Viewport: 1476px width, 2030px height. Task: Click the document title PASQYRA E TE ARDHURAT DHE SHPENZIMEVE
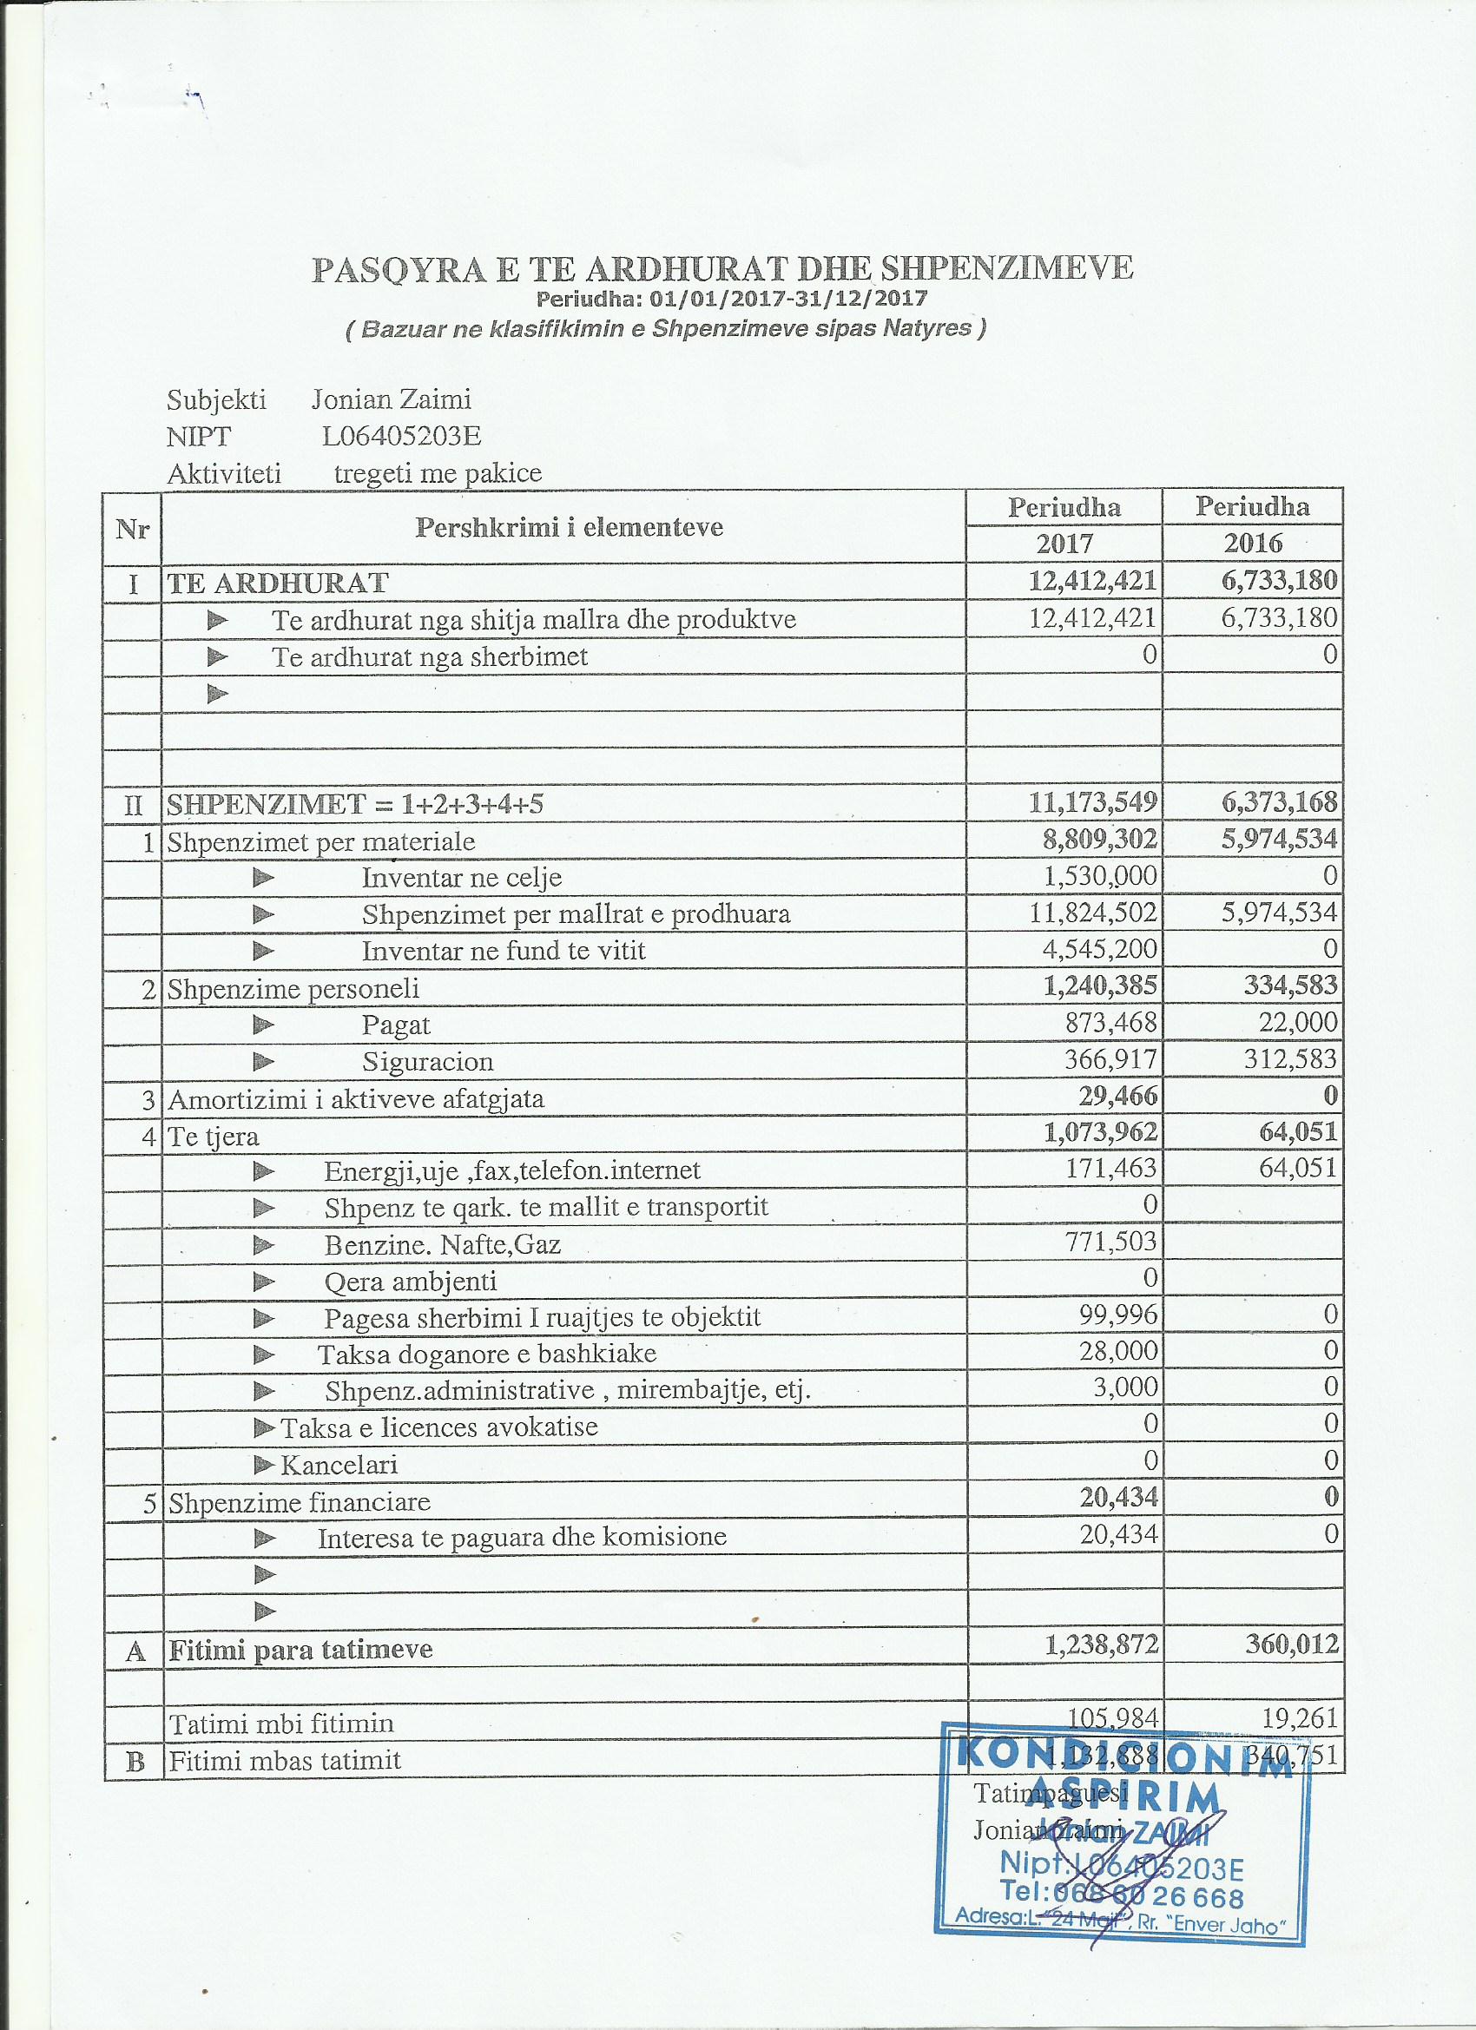pyautogui.click(x=722, y=269)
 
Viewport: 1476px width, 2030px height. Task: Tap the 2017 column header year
pyautogui.click(x=1064, y=544)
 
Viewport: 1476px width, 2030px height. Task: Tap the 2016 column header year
pyautogui.click(x=1253, y=544)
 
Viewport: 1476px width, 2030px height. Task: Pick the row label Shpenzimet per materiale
pyautogui.click(x=321, y=841)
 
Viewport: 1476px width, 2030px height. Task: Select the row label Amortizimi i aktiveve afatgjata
pyautogui.click(x=356, y=1098)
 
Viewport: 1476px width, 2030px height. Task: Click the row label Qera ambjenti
pyautogui.click(x=410, y=1281)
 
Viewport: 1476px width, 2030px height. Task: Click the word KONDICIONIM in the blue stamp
pyautogui.click(x=1124, y=1752)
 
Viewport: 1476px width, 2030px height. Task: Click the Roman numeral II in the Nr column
pyautogui.click(x=133, y=804)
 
